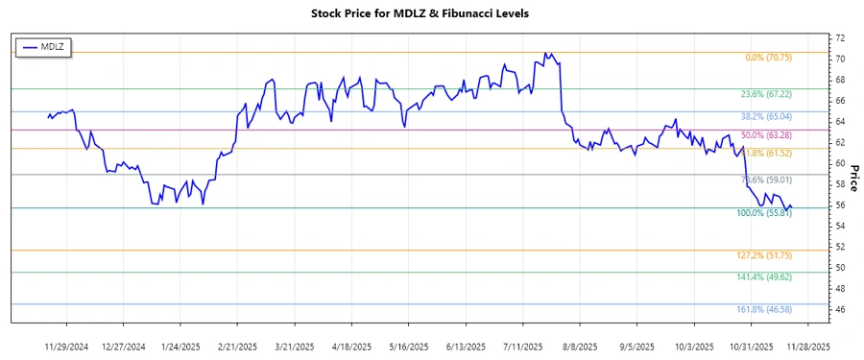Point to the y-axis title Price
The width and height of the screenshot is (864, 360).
[852, 178]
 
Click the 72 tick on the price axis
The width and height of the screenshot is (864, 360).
[812, 38]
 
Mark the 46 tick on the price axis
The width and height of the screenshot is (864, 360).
[812, 310]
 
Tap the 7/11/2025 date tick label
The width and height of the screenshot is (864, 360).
[523, 346]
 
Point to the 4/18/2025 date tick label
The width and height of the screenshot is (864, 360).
[352, 346]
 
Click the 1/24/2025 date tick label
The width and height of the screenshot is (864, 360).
[181, 346]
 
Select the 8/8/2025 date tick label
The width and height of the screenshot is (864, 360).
[580, 346]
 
